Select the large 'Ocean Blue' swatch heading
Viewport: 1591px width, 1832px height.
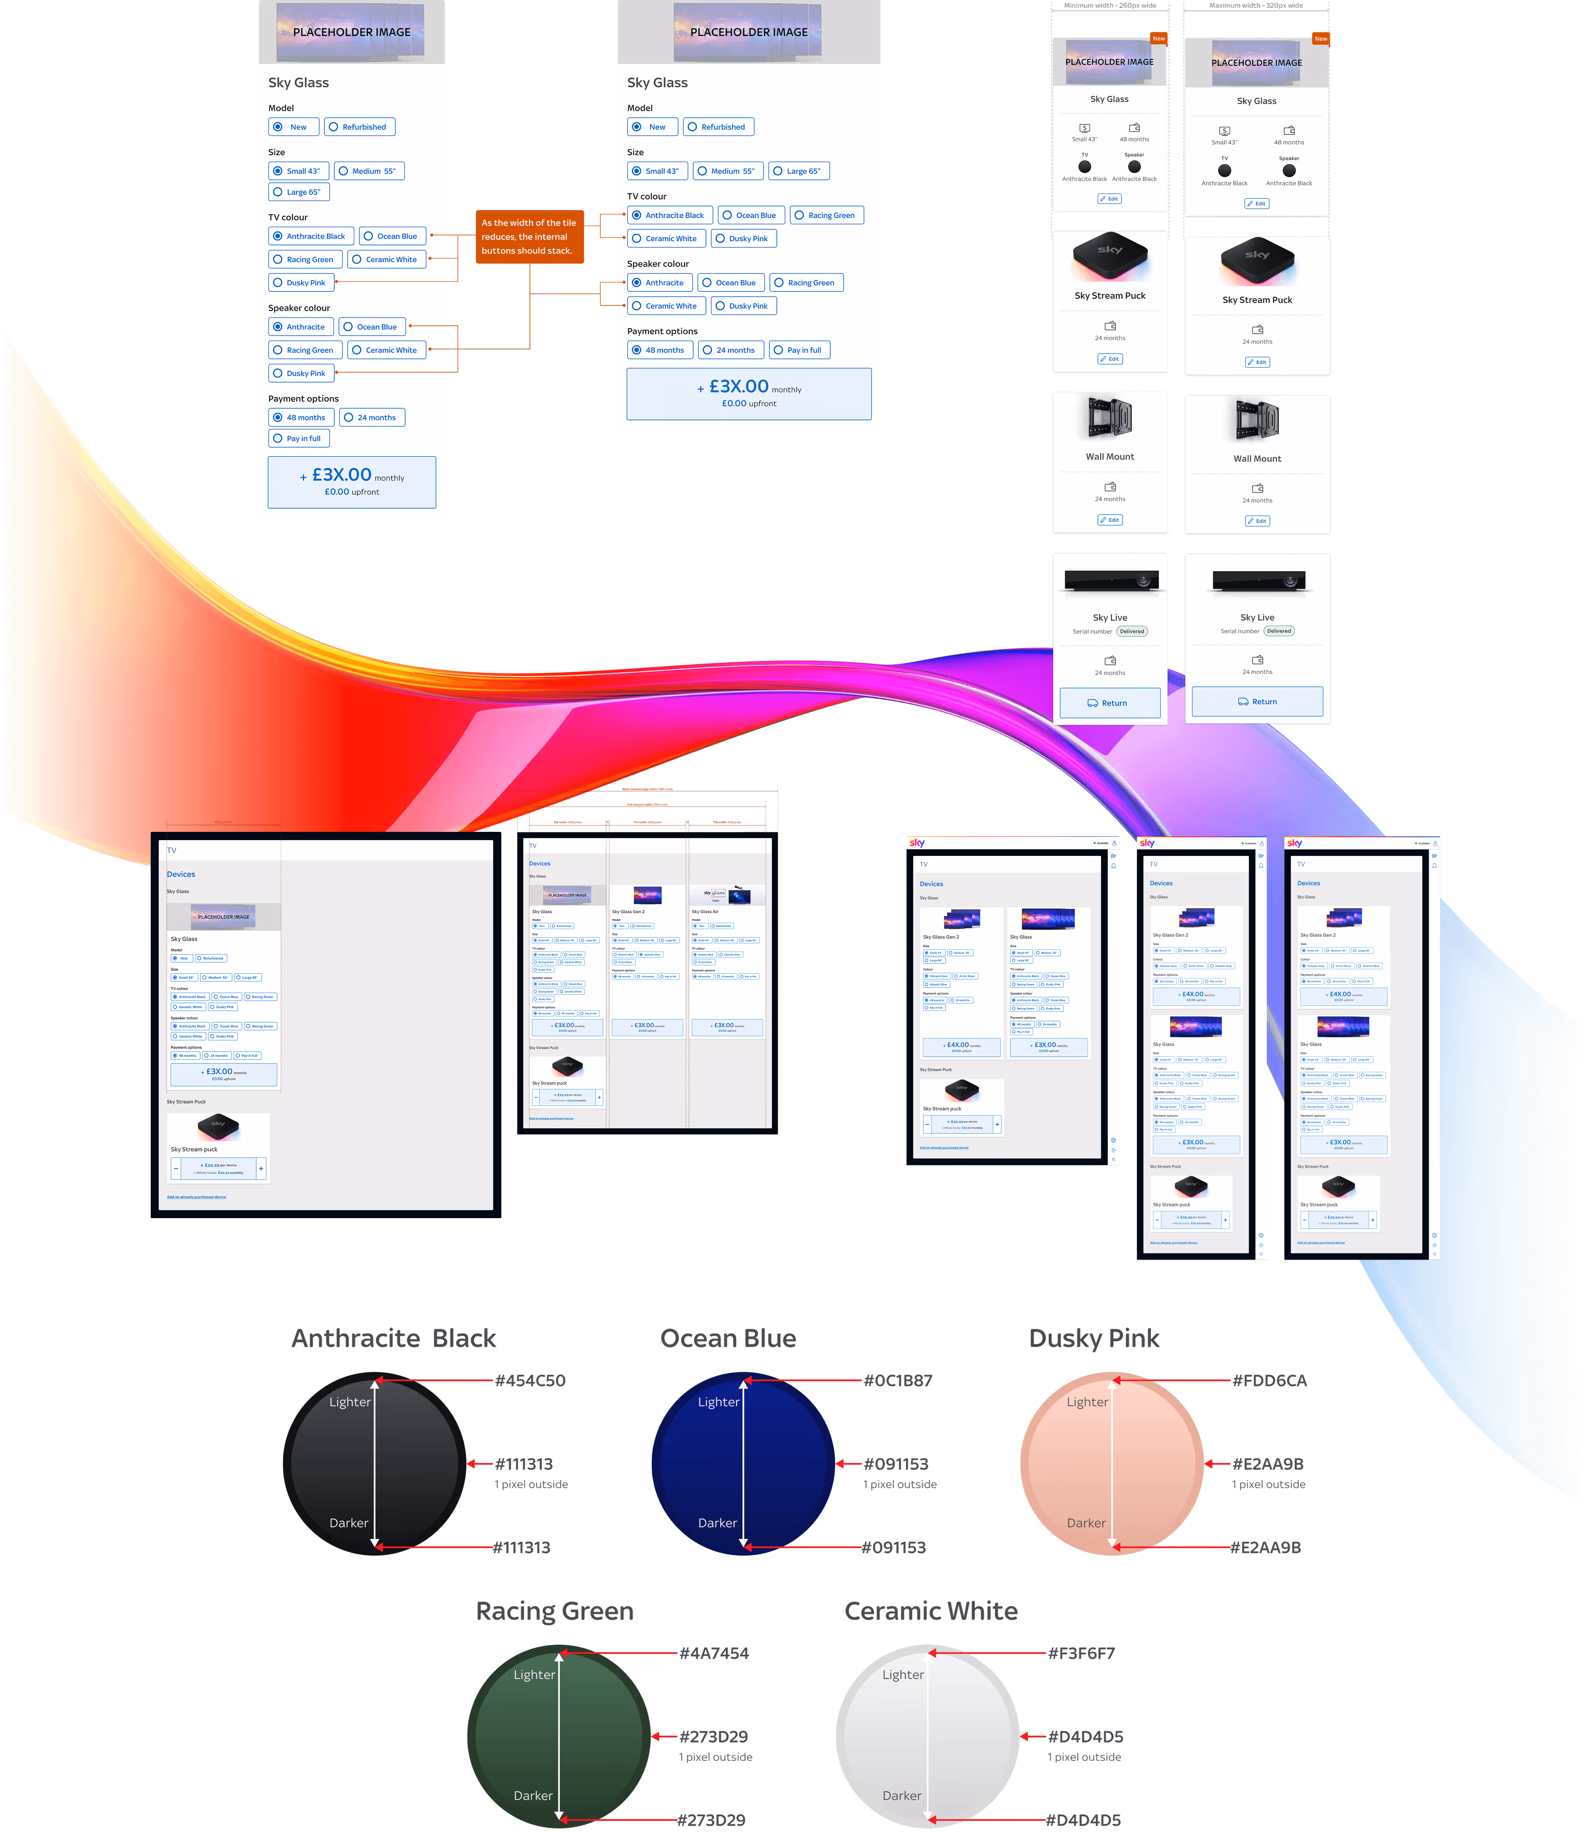(728, 1338)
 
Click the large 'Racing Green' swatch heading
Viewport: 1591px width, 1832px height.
(555, 1611)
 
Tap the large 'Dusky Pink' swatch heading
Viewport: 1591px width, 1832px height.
(1094, 1338)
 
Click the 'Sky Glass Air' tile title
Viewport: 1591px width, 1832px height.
(705, 911)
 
